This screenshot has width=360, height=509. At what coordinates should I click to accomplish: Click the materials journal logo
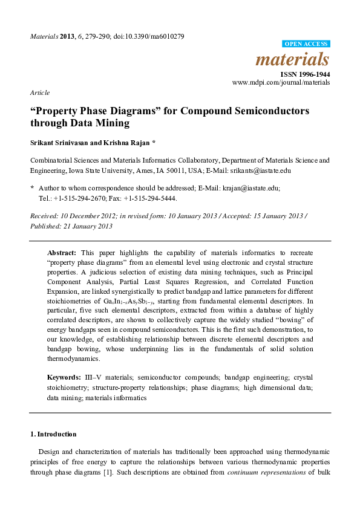click(x=293, y=60)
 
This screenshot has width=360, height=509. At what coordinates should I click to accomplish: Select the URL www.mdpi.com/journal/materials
click(x=281, y=82)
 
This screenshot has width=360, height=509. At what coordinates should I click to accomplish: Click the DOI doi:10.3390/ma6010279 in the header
click(x=147, y=36)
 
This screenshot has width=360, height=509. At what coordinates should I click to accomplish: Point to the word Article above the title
click(x=39, y=92)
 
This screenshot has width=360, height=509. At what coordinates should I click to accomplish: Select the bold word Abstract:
click(x=62, y=251)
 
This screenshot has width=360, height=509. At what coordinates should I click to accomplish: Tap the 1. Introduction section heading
click(x=53, y=434)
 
